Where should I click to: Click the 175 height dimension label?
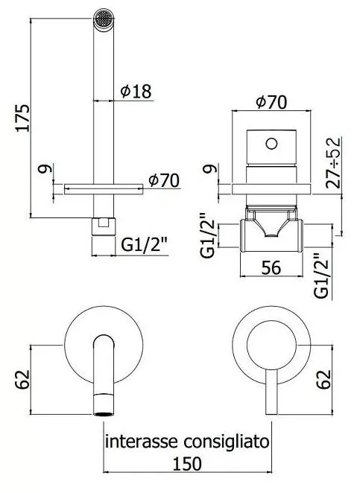(x=24, y=118)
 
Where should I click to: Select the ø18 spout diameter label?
(x=136, y=91)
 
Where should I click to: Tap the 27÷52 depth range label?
(x=333, y=163)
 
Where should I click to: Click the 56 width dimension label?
(x=271, y=268)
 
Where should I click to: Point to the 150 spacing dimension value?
(x=187, y=464)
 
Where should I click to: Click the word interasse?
(x=142, y=442)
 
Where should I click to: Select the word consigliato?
(x=227, y=442)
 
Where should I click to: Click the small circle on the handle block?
(x=271, y=144)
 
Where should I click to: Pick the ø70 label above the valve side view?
(x=271, y=102)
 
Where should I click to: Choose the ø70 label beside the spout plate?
(x=164, y=180)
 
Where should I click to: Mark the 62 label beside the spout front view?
(x=22, y=380)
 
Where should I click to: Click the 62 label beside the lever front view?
(x=324, y=380)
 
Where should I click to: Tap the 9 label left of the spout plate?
(x=45, y=169)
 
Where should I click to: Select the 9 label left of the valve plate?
(x=210, y=169)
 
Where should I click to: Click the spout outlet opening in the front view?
(x=104, y=414)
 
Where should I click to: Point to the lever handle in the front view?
(x=271, y=392)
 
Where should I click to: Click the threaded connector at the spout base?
(x=104, y=226)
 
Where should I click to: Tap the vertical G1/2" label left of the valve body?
(x=208, y=235)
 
